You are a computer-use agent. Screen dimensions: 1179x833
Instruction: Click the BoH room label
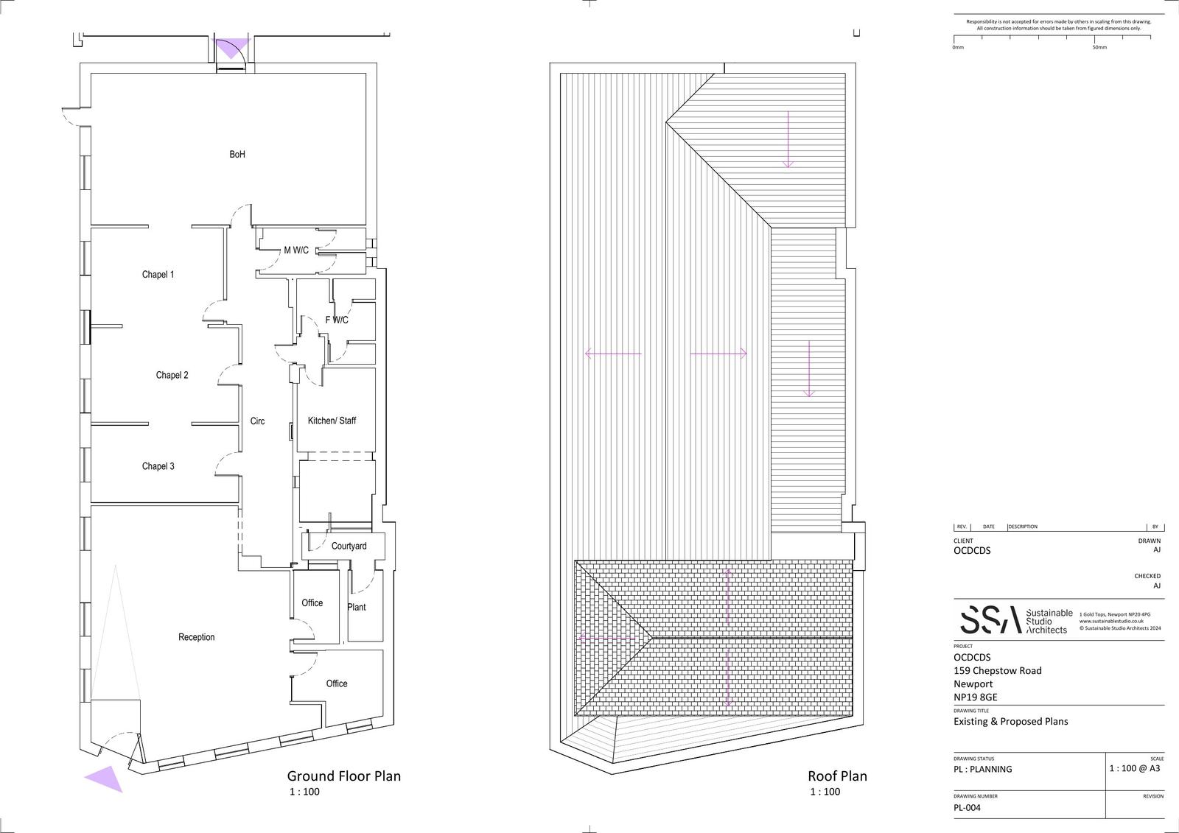[237, 155]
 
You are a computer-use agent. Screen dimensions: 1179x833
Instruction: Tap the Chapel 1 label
[158, 275]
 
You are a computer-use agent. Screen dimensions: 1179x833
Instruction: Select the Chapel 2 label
[172, 376]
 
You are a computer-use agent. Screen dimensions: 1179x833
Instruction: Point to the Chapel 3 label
[158, 466]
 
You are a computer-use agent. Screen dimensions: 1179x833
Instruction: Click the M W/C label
[296, 250]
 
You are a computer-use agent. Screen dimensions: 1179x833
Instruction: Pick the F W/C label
[337, 320]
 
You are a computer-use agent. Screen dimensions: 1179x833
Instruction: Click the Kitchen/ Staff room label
[332, 421]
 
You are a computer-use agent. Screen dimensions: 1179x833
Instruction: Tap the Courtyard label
[349, 546]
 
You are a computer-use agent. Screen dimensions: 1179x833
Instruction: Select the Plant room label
[357, 608]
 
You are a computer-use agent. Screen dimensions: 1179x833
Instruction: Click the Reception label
[197, 638]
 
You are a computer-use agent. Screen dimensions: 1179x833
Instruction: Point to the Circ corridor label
[257, 421]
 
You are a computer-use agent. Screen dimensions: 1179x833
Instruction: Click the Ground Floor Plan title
[343, 776]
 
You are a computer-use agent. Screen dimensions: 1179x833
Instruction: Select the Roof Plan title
[837, 776]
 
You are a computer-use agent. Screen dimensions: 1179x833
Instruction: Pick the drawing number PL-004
[968, 808]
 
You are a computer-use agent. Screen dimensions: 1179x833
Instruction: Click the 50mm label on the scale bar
[1099, 47]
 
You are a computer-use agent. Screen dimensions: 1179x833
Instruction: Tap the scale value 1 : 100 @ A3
[1135, 768]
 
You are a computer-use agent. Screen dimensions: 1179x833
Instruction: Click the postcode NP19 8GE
[975, 697]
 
